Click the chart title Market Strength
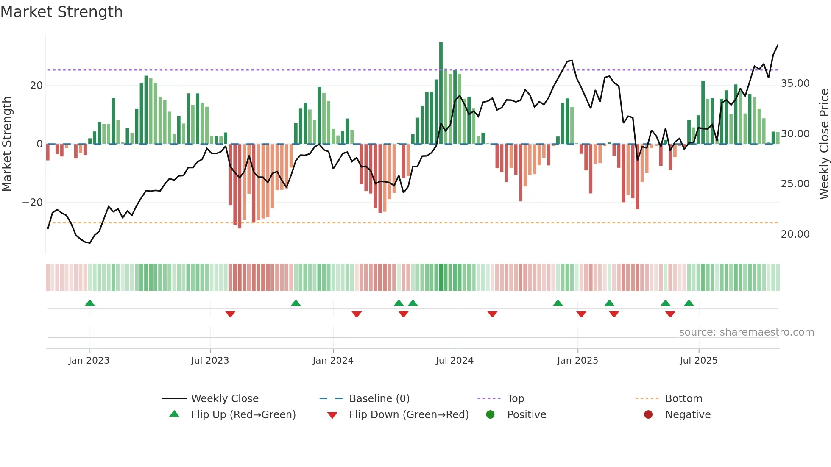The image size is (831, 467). click(x=61, y=12)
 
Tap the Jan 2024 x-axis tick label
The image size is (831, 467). click(x=333, y=361)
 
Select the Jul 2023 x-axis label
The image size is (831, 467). click(x=210, y=361)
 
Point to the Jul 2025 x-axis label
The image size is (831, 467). click(x=698, y=361)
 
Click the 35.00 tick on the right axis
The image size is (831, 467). click(x=795, y=83)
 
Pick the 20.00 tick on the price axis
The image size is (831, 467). click(x=795, y=234)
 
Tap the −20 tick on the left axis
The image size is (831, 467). click(x=33, y=203)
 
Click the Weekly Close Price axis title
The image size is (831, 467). click(x=824, y=144)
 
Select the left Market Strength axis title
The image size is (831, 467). click(x=7, y=144)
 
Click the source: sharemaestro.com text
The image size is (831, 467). click(x=746, y=332)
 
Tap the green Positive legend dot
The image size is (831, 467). click(x=491, y=415)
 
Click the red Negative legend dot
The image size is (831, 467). click(x=648, y=415)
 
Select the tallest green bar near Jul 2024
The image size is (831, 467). click(x=441, y=93)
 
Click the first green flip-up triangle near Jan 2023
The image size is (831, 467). click(x=90, y=303)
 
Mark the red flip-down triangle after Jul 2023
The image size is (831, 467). click(x=230, y=314)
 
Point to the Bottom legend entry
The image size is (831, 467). click(x=683, y=399)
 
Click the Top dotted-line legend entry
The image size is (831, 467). click(x=515, y=399)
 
